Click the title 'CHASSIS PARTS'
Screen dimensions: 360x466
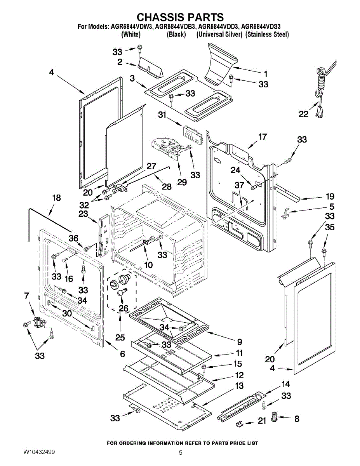click(180, 17)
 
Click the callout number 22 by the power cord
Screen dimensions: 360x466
click(303, 114)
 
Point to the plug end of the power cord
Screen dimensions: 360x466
click(320, 112)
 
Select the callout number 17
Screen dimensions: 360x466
click(263, 137)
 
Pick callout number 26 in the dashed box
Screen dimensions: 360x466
click(123, 308)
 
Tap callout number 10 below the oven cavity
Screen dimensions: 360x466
click(148, 265)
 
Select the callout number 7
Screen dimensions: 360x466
click(26, 296)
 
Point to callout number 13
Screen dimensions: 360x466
click(240, 386)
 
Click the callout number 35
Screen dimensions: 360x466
click(330, 227)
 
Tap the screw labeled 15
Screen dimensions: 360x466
click(203, 368)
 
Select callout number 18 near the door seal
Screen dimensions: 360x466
click(57, 198)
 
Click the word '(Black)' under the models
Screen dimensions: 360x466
click(176, 34)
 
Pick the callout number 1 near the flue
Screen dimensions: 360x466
click(266, 74)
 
